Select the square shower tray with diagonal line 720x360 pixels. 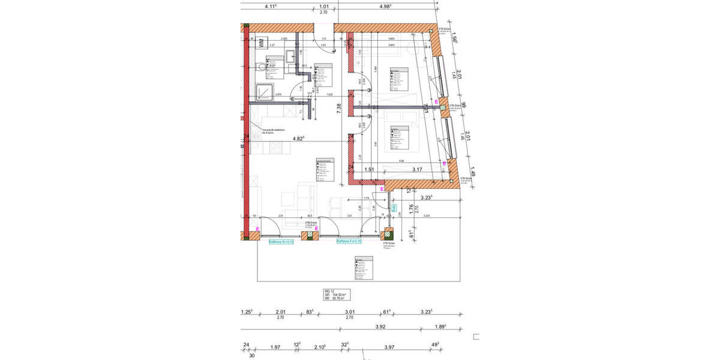tap(263, 92)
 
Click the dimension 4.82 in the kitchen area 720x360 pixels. tap(298, 139)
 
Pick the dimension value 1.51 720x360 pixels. tap(370, 170)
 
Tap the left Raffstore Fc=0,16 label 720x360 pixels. tap(281, 241)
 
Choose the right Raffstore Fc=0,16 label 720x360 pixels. tap(350, 241)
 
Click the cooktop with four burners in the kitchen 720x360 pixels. tap(260, 181)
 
